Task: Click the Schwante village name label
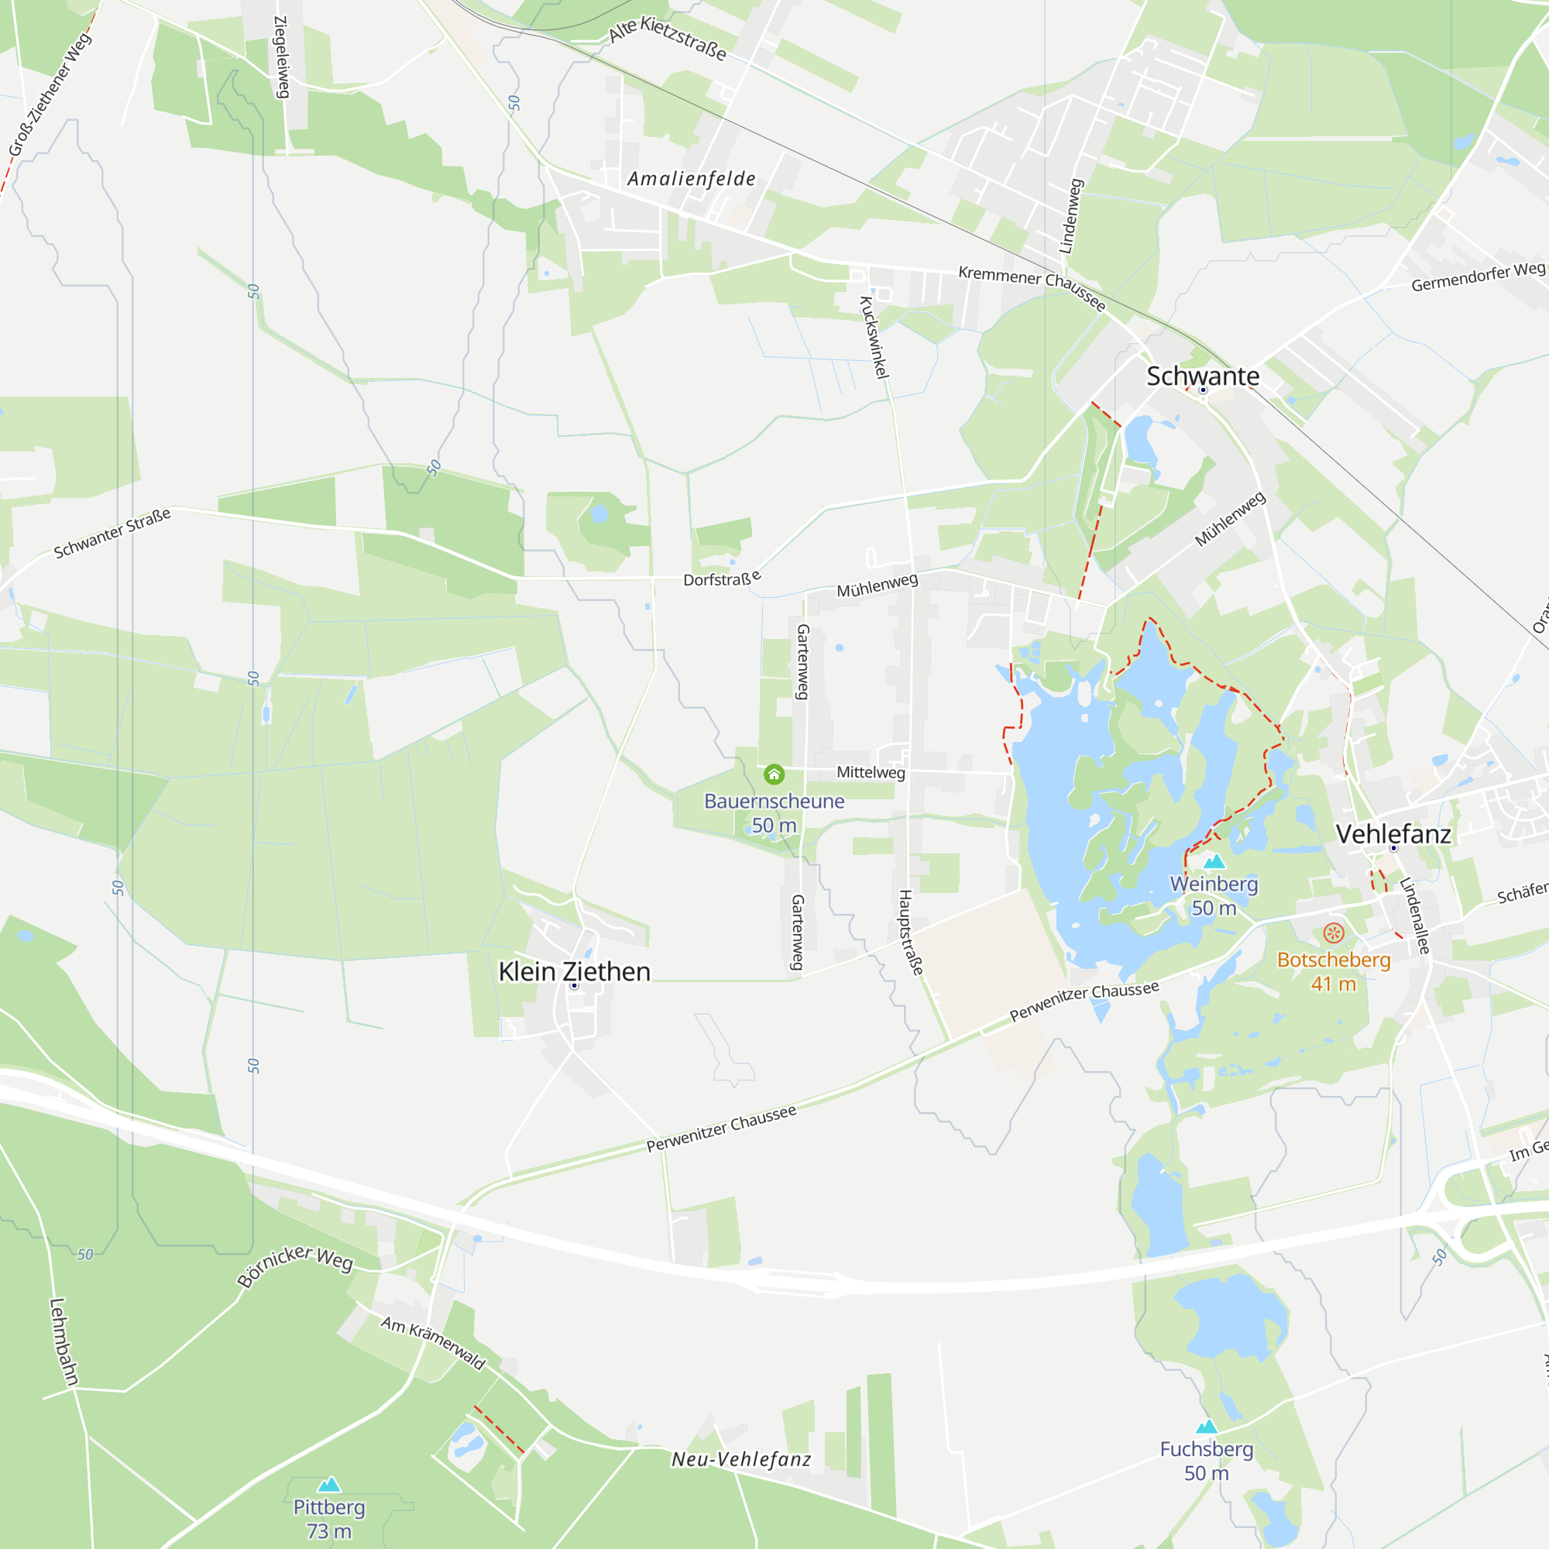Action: [1203, 376]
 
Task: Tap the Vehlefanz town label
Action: [1393, 834]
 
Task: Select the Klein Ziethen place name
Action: [574, 972]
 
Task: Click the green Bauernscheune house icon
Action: [774, 774]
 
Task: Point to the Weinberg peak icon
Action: [1214, 862]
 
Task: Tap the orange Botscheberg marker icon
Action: [1334, 932]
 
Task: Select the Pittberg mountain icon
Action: [329, 1485]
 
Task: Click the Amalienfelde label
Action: [691, 179]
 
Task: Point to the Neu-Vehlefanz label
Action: [741, 1459]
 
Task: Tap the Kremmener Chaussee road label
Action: [1032, 287]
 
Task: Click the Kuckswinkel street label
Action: [874, 337]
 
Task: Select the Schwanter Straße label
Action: [112, 533]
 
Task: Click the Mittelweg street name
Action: [871, 772]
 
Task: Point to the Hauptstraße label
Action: [911, 932]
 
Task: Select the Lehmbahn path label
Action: [64, 1341]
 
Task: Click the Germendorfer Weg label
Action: [1478, 277]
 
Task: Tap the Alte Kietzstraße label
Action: [667, 39]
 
